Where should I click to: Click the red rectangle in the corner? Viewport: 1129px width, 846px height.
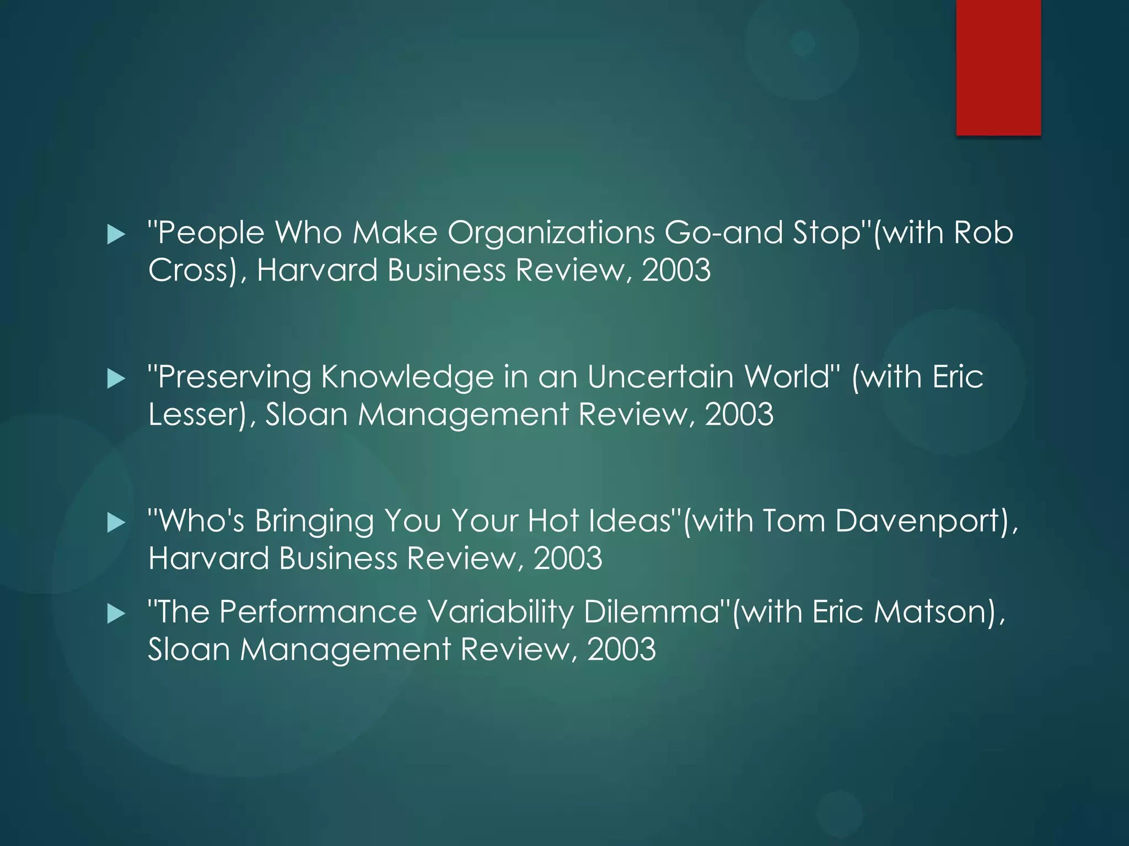(998, 67)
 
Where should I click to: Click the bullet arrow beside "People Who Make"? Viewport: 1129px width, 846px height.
(116, 235)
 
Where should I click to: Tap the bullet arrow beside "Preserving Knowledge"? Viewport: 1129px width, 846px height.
(116, 379)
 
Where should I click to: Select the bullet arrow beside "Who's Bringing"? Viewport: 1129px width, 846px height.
(116, 523)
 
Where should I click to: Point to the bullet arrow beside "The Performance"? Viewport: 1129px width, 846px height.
(116, 614)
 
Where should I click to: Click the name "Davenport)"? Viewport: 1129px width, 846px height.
(926, 522)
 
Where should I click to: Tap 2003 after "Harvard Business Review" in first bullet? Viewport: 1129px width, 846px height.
(676, 271)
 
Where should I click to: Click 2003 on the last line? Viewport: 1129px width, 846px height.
(621, 650)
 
